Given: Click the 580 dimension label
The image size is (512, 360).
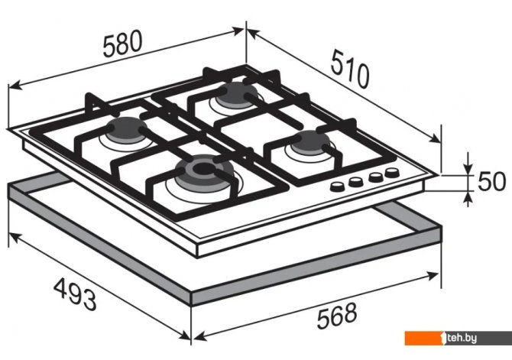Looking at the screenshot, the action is tap(123, 44).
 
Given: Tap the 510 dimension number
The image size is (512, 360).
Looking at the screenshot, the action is tap(350, 70).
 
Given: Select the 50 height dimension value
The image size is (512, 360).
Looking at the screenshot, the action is tap(492, 181).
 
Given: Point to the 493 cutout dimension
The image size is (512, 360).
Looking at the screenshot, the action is tap(75, 295).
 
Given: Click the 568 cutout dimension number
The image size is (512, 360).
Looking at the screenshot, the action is tap(337, 316).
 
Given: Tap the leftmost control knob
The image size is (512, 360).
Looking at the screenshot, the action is tap(337, 186).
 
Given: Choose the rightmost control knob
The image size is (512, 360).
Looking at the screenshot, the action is tap(392, 172).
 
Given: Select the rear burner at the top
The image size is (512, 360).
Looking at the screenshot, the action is tap(236, 94).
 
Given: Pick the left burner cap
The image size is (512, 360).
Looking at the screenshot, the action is tap(126, 130).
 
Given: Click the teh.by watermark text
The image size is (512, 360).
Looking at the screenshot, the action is tap(462, 338).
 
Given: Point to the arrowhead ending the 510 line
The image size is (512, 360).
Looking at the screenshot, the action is tap(435, 139).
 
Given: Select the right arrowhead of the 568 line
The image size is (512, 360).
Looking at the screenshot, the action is tap(433, 275).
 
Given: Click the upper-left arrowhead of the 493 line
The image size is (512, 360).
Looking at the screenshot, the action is tap(14, 238).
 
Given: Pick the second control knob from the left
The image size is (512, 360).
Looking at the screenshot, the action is tap(355, 181).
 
